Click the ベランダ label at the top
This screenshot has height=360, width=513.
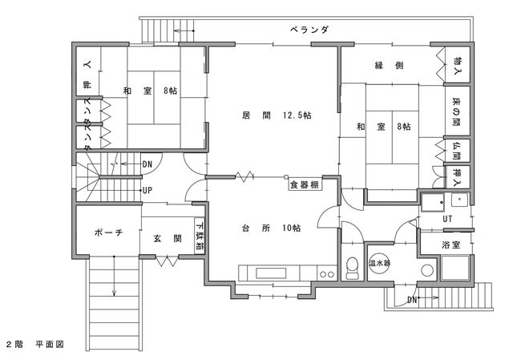309,30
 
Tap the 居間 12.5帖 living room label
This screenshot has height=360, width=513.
277,115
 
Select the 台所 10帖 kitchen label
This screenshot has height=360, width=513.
271,228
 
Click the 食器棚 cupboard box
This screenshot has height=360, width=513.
305,185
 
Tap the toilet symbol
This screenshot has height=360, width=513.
352,268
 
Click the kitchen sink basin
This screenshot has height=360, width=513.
271,273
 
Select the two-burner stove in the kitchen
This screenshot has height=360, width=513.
327,273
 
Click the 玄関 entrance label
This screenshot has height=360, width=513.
168,239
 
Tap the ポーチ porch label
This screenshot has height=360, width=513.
109,233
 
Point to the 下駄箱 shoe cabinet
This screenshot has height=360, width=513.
200,236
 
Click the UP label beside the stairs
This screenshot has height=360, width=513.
147,190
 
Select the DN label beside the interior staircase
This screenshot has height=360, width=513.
147,164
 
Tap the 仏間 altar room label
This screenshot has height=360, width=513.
457,151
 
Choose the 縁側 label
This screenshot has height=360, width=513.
389,65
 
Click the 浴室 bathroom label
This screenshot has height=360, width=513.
451,245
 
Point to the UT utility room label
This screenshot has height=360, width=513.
447,219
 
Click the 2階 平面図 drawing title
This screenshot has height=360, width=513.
35,344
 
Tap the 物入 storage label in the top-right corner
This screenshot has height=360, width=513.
458,65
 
